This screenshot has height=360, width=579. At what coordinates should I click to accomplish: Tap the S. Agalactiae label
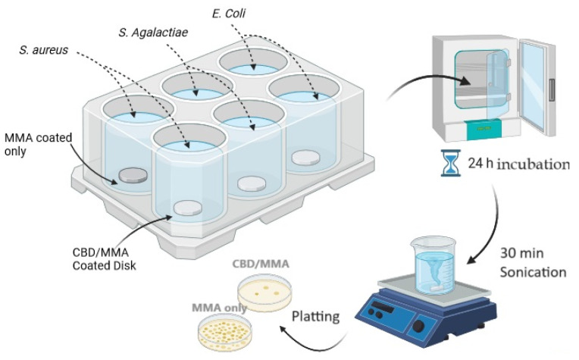pyautogui.click(x=153, y=32)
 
